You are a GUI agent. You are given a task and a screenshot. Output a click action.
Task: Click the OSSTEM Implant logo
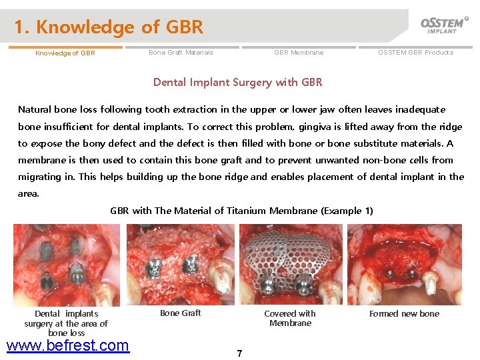pos(444,25)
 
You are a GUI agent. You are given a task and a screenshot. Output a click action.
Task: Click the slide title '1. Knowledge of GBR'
pos(109,27)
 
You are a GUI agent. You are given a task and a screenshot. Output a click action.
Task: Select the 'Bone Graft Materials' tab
pos(181,53)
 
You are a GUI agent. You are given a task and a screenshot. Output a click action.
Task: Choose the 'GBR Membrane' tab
pos(299,53)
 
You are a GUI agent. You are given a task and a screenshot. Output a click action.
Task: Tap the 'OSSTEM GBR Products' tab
pos(415,53)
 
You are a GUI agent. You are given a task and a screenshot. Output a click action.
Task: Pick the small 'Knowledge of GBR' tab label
pos(65,53)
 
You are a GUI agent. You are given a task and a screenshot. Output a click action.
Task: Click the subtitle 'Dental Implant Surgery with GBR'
pos(237,83)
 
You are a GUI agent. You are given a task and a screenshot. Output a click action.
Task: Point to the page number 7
pos(239,353)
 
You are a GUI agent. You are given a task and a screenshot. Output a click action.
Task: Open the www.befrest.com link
pos(67,345)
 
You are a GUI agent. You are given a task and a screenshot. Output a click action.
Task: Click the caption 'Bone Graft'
pos(180,313)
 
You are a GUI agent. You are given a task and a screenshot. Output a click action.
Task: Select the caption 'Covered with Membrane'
pos(290,318)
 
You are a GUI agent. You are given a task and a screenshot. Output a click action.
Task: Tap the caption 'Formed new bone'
pos(404,313)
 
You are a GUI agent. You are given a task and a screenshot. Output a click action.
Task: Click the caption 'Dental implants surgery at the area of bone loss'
pos(66,323)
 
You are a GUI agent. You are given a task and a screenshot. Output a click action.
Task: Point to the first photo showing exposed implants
pos(67,265)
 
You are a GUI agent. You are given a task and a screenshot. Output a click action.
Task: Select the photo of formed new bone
pos(404,265)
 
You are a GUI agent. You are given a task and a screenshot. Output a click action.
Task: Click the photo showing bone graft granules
pos(180,265)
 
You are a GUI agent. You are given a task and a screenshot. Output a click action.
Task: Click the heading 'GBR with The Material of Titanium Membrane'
pos(241,211)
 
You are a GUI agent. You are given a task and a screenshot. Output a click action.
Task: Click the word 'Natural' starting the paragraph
pos(34,109)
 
